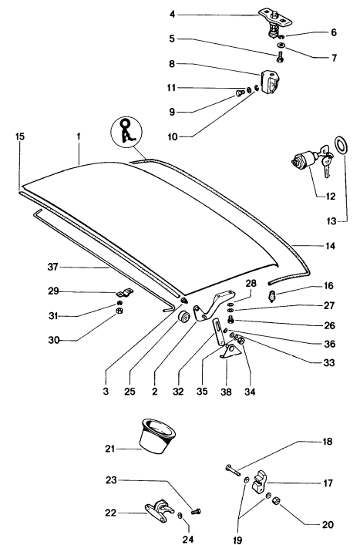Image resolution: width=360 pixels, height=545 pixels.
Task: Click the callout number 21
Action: [109, 448]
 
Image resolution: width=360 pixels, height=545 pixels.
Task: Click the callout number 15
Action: [20, 136]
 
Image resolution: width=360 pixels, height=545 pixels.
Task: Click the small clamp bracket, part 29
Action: [123, 293]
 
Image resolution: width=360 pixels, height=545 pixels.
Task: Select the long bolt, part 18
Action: [233, 468]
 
